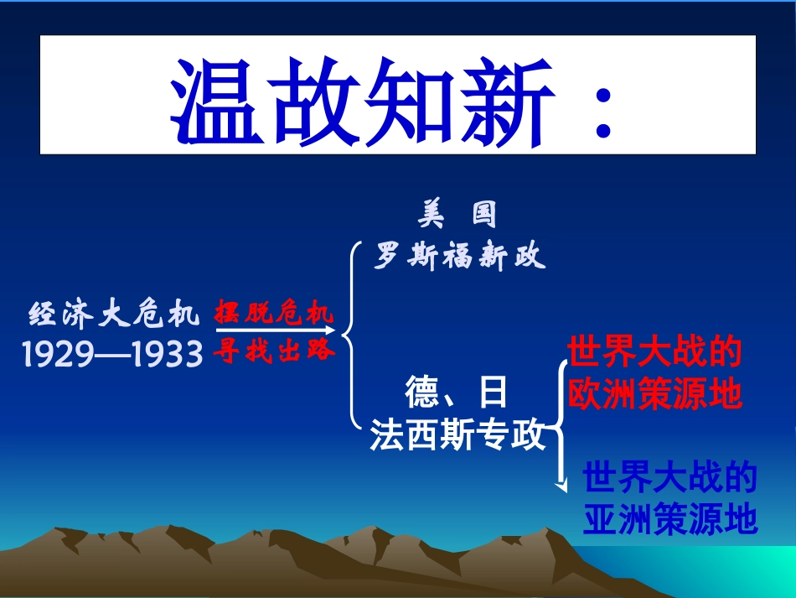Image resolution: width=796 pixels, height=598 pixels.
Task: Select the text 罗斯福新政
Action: [x=460, y=257]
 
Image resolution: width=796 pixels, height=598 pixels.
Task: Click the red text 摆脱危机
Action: [x=274, y=314]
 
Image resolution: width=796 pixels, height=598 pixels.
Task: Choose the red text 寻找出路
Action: [x=274, y=351]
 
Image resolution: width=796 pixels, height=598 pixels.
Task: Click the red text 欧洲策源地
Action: [x=655, y=393]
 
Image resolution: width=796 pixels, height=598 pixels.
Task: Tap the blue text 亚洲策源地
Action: [x=670, y=519]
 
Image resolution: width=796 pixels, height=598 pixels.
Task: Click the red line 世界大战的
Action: [x=655, y=353]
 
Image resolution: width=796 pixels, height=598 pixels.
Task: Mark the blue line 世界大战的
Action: [x=670, y=479]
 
